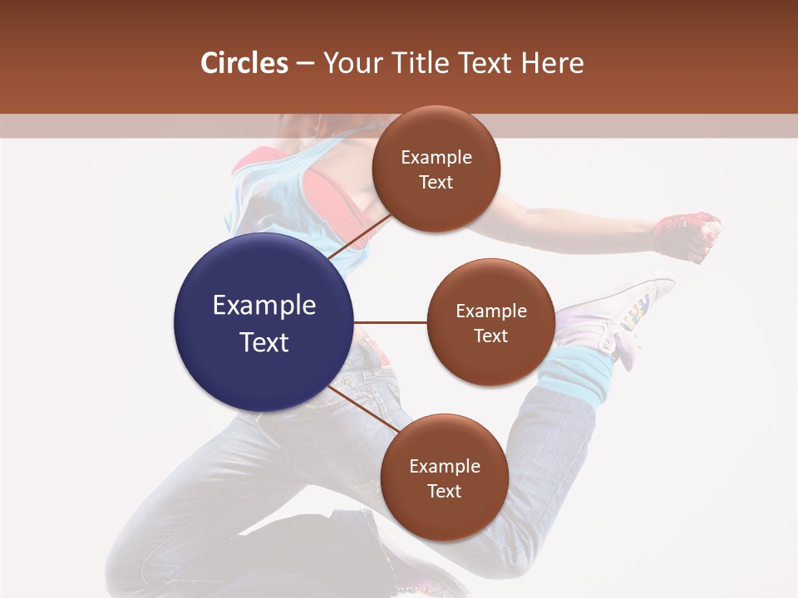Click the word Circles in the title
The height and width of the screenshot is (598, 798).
click(244, 63)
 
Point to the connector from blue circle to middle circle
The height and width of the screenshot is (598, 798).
click(390, 322)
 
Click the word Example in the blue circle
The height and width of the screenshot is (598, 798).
click(264, 306)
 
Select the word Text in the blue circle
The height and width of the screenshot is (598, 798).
click(264, 342)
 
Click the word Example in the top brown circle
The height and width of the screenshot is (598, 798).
click(436, 158)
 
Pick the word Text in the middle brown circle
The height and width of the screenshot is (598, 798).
click(490, 336)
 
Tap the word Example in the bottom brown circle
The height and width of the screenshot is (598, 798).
click(445, 466)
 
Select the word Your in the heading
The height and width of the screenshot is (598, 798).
click(349, 63)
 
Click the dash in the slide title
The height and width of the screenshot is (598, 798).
click(305, 64)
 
